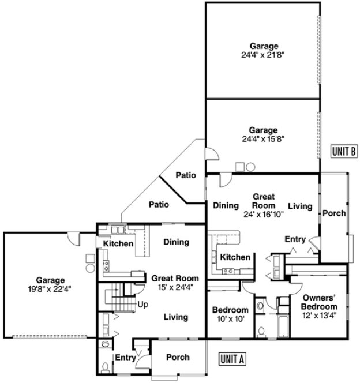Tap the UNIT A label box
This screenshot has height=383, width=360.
tap(233, 358)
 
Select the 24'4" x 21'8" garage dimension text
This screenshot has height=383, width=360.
tap(264, 55)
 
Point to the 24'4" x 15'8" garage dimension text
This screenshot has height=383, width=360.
tap(264, 138)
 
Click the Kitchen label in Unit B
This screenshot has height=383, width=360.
tap(235, 257)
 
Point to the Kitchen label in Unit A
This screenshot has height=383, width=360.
tap(119, 244)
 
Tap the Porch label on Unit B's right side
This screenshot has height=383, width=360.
tap(334, 213)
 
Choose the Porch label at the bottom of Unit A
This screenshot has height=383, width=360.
tap(178, 357)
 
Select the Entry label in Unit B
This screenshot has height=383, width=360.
tap(295, 239)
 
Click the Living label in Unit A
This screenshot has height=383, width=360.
tap(175, 317)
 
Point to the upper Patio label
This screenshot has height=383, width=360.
tap(186, 175)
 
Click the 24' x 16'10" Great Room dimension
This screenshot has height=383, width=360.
tap(264, 213)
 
